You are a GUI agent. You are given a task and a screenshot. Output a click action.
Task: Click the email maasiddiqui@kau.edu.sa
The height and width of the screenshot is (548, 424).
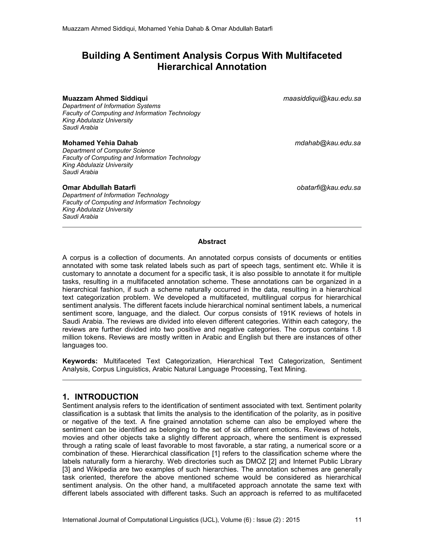click(x=322, y=99)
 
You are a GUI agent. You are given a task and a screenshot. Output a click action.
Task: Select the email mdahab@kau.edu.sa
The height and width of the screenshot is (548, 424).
click(x=328, y=143)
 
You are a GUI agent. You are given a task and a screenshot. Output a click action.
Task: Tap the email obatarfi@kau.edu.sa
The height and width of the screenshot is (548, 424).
click(x=329, y=188)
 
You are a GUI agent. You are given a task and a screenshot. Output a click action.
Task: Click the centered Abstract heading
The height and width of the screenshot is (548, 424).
click(x=212, y=242)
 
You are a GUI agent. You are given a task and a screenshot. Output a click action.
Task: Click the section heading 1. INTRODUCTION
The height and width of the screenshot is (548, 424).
click(x=100, y=397)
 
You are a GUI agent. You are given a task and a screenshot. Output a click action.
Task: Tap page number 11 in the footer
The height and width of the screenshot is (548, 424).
click(x=358, y=520)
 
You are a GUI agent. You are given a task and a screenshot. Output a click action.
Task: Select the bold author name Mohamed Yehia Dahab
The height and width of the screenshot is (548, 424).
click(x=100, y=143)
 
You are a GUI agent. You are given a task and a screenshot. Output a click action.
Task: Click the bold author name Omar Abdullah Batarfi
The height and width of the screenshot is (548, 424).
click(x=99, y=188)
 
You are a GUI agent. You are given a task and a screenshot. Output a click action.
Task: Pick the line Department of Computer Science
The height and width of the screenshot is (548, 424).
click(x=108, y=151)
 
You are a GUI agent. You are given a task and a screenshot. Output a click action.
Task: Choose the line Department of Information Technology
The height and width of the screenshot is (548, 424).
click(x=116, y=195)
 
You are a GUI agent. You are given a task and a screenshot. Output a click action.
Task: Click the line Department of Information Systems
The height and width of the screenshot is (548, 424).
click(x=111, y=106)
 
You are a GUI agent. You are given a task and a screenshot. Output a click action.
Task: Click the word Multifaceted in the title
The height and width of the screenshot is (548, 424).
click(x=313, y=55)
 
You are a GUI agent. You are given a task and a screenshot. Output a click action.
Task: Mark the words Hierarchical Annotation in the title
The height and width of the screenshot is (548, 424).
click(x=212, y=67)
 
